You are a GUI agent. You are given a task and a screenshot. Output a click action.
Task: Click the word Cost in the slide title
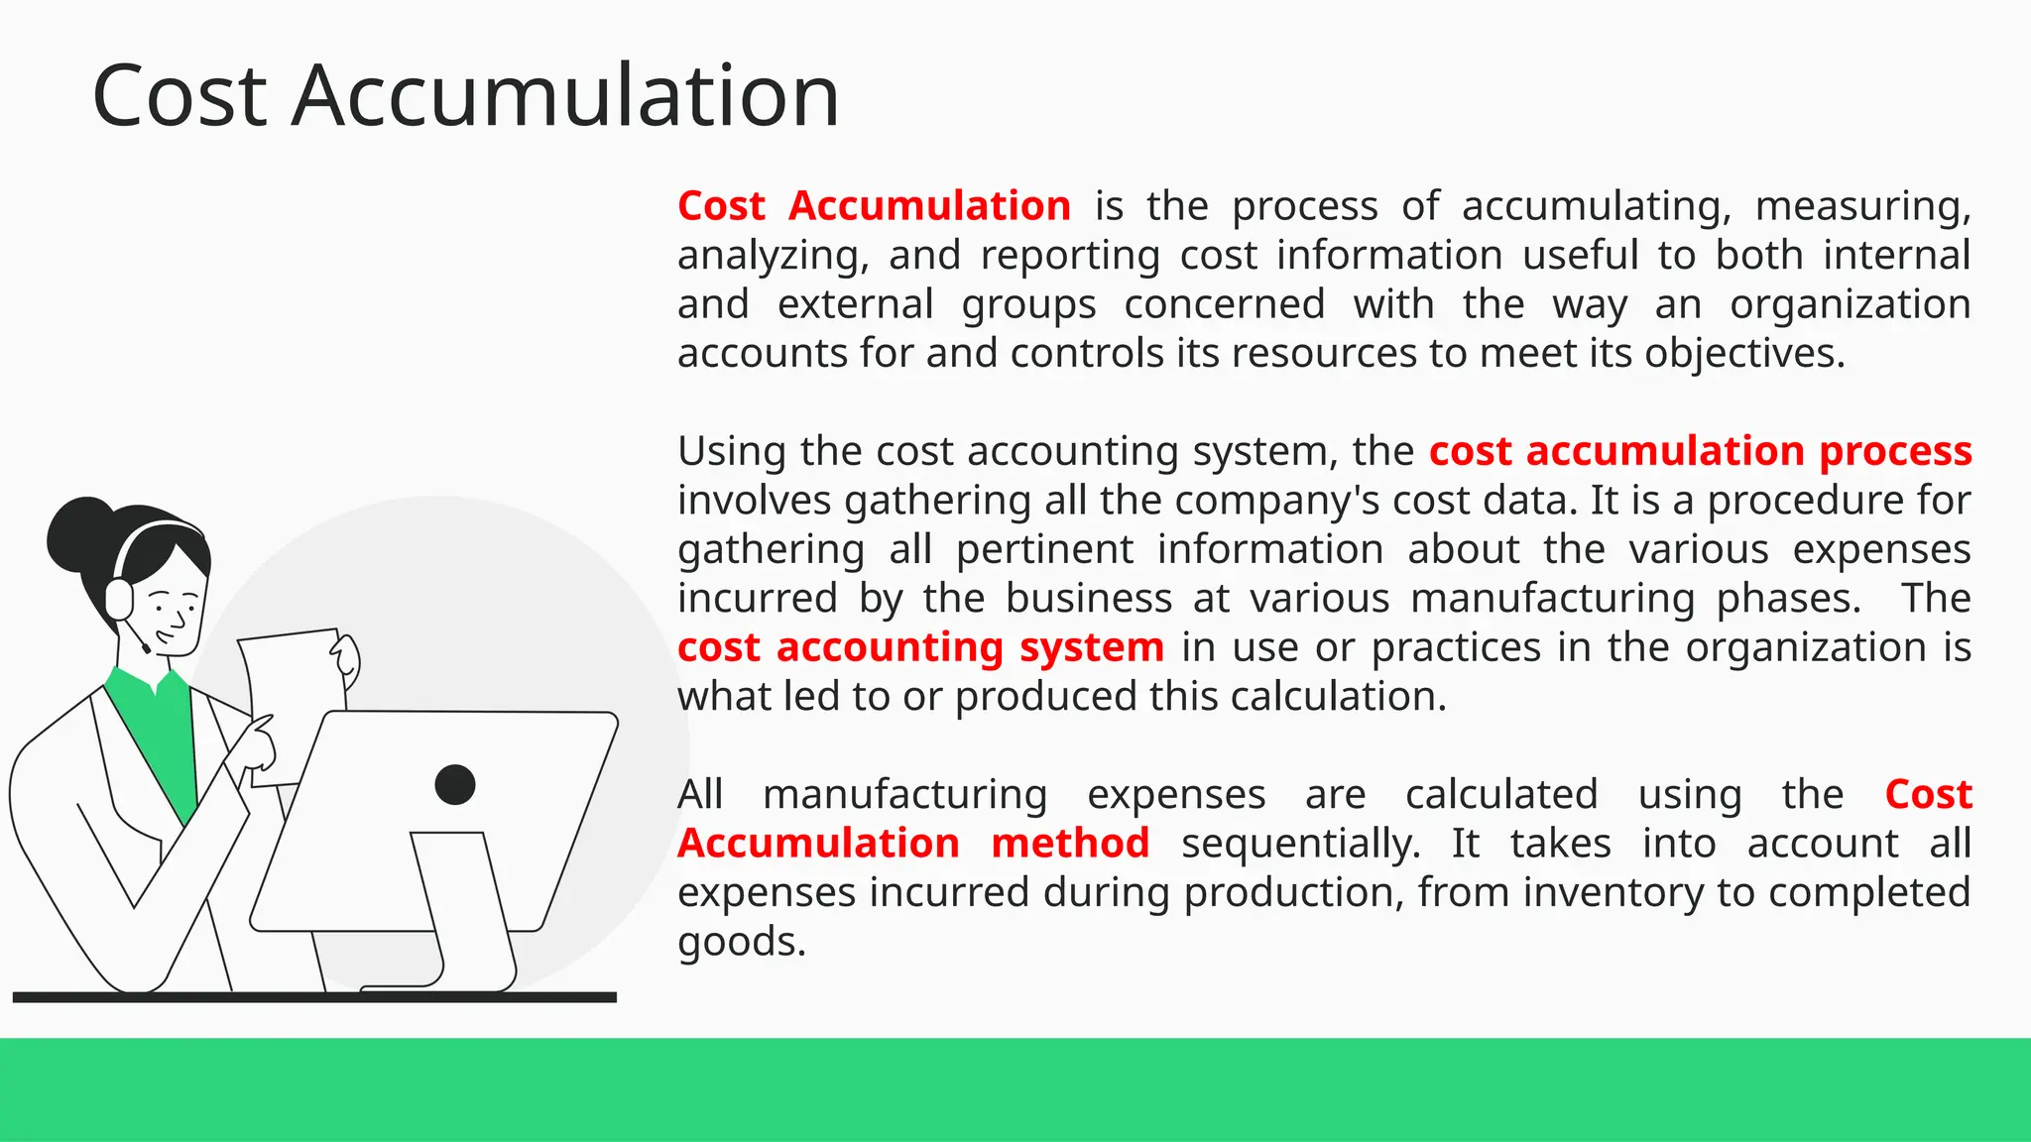point(179,96)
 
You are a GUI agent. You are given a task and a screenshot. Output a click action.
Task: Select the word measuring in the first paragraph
point(1861,206)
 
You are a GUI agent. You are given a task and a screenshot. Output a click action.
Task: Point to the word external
point(855,304)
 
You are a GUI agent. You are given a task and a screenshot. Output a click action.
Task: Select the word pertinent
point(1044,550)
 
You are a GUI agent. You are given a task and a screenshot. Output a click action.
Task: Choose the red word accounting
point(890,647)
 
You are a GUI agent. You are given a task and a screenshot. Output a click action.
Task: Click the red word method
point(1070,844)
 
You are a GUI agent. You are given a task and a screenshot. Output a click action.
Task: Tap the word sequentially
point(1300,844)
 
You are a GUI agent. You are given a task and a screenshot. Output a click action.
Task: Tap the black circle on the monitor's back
point(455,785)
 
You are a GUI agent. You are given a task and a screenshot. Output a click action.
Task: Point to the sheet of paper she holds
point(289,684)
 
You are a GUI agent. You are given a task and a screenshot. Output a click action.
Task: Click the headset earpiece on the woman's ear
point(119,599)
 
